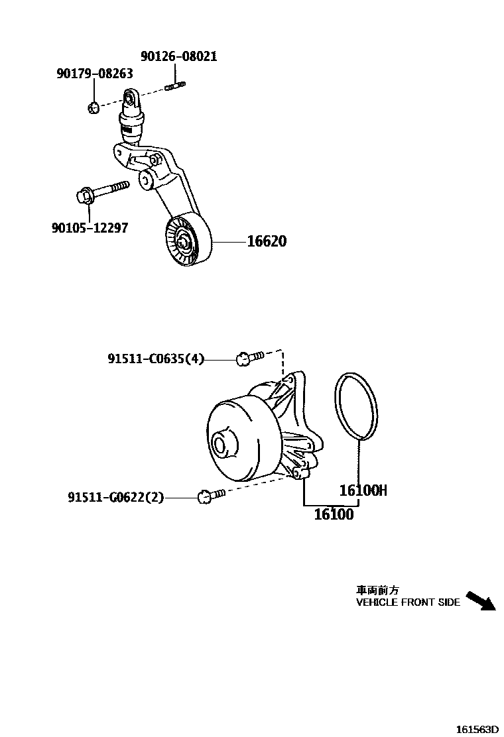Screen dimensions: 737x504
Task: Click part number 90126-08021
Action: (178, 57)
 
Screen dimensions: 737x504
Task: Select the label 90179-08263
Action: (94, 74)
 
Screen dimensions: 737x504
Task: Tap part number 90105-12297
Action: (90, 228)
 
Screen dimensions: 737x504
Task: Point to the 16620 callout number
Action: (267, 241)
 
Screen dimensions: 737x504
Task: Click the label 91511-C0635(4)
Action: (156, 359)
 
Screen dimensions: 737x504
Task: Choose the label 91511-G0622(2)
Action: (115, 497)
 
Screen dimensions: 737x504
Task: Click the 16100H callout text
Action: (363, 490)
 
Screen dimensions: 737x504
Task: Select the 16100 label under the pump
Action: (334, 514)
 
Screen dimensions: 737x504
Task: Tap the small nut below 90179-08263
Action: (94, 106)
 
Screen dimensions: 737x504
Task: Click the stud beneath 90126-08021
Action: (175, 84)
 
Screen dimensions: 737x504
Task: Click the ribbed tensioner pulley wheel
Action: (186, 244)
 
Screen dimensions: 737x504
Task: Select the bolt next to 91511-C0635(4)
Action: (249, 358)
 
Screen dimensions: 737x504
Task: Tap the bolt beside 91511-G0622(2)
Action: (211, 494)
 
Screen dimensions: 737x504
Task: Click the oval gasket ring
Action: (356, 406)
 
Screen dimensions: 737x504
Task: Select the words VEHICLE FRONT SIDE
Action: (408, 602)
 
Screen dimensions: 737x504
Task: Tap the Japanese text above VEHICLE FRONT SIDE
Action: (377, 590)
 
